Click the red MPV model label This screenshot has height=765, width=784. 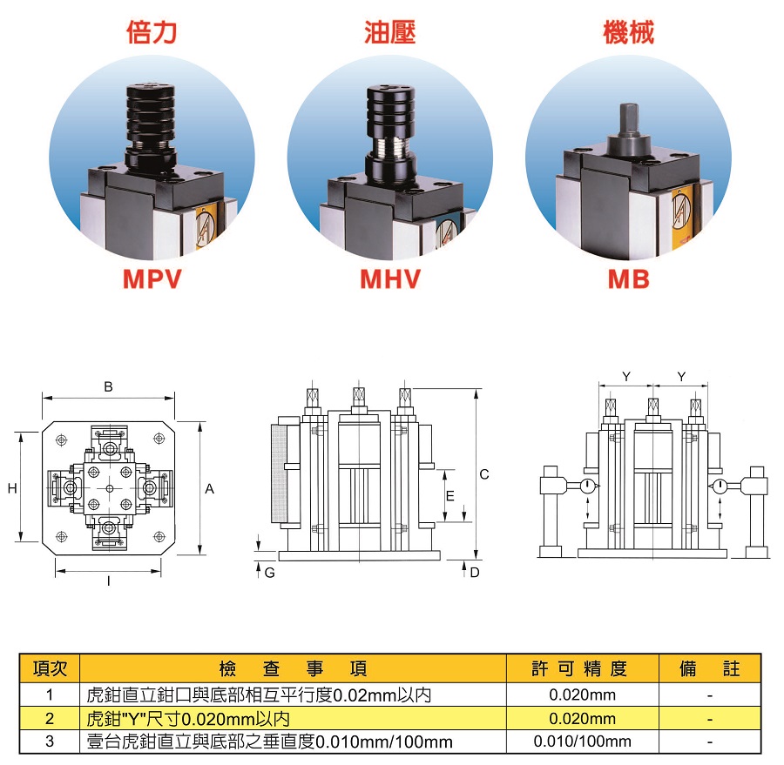(x=152, y=278)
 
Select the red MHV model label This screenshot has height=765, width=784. (x=390, y=278)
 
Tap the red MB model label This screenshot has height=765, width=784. (x=628, y=278)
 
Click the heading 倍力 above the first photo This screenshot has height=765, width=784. (x=152, y=33)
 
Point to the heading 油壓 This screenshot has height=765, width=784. (x=389, y=33)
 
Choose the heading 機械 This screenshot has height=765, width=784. (x=628, y=33)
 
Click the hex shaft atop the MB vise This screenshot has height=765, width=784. (x=629, y=119)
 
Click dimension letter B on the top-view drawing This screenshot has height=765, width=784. (x=108, y=387)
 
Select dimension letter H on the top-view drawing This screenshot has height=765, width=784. (x=12, y=489)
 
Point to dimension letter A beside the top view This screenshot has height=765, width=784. (x=210, y=489)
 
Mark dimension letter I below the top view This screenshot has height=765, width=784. (x=109, y=580)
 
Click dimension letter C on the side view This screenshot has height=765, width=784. (x=484, y=474)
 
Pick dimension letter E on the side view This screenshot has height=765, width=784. (x=449, y=496)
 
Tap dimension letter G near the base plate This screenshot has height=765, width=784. (x=270, y=573)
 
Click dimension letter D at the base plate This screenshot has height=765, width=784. (x=475, y=573)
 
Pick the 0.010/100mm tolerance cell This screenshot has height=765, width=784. (x=582, y=742)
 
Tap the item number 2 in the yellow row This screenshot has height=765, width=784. (x=50, y=719)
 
